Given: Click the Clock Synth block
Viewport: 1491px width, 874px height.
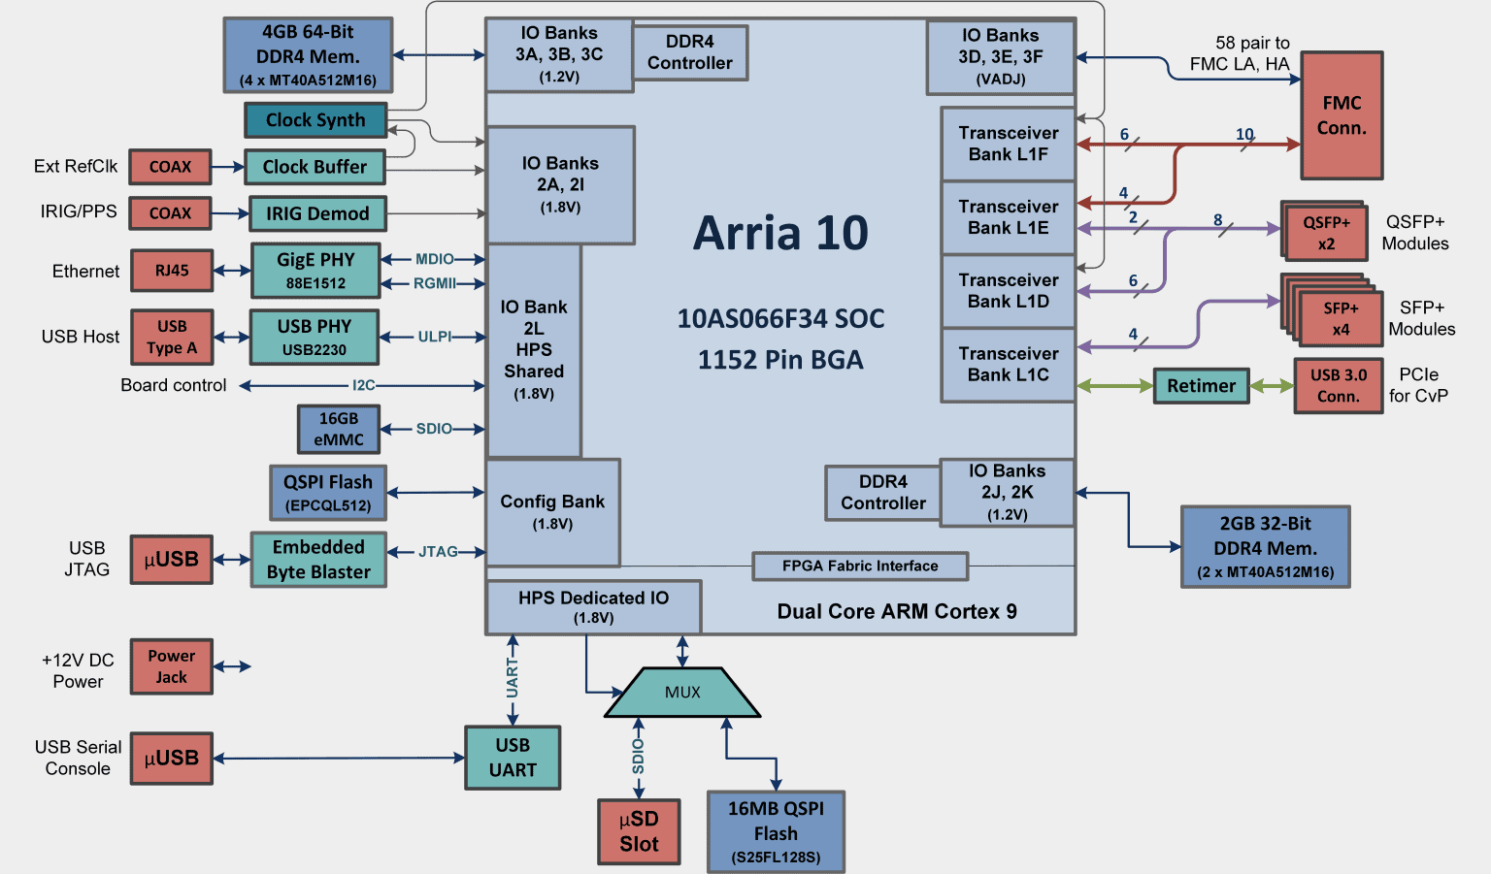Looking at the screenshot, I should [x=315, y=120].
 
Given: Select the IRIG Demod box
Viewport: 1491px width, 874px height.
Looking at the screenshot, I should [x=317, y=213].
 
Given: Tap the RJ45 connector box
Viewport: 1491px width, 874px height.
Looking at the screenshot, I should [x=172, y=271].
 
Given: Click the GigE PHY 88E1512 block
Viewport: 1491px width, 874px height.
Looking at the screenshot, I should [x=315, y=271].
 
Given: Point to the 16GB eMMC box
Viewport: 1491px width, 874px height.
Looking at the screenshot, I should [x=338, y=429].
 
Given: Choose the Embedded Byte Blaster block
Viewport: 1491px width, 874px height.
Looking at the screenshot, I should [x=318, y=560].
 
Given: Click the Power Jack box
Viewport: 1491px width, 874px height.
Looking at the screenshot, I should [x=172, y=666].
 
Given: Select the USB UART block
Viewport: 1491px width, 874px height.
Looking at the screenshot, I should [x=513, y=758].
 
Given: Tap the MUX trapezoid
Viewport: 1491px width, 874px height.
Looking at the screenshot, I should [x=682, y=693].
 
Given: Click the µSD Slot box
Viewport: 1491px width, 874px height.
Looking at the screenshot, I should [x=639, y=831].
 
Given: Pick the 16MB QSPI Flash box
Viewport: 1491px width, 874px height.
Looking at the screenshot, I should [x=776, y=832].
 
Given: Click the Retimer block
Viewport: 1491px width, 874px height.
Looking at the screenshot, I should [x=1201, y=386].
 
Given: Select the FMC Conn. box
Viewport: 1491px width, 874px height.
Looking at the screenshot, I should [x=1342, y=115].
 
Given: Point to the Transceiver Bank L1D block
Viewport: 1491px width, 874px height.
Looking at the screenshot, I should [x=1008, y=291].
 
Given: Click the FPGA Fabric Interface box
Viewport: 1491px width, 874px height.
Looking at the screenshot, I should [x=860, y=566].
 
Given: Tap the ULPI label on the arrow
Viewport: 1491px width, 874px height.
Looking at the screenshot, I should [x=435, y=337].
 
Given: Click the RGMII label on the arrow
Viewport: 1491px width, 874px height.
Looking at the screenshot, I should [x=434, y=283].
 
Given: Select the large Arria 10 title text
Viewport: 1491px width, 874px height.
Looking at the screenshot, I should [x=780, y=234].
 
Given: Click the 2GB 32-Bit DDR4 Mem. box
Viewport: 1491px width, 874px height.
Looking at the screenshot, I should [x=1265, y=547].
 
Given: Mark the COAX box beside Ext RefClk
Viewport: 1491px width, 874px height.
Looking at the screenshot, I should [x=171, y=167].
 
